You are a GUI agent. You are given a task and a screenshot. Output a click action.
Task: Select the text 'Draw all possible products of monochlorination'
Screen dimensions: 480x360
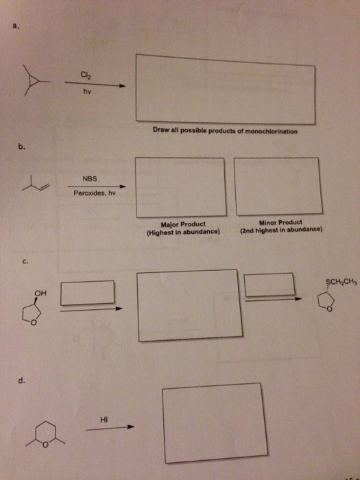click(225, 130)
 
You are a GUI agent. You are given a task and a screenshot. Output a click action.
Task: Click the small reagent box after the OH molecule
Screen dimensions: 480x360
click(88, 293)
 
